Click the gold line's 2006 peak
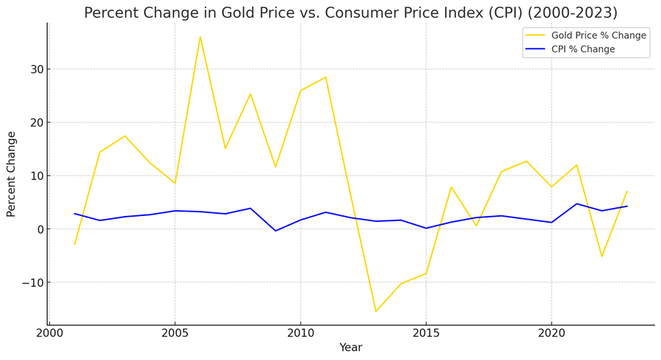(x=200, y=37)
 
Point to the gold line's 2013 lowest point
(x=376, y=311)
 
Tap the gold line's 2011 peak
(x=325, y=77)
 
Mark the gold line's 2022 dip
(x=602, y=256)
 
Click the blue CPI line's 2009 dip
(x=275, y=231)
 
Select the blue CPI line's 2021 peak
(x=577, y=204)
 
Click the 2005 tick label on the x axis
(x=175, y=334)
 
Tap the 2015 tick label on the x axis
(x=426, y=334)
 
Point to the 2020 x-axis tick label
(x=552, y=334)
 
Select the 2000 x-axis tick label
(x=49, y=334)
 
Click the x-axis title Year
(x=350, y=348)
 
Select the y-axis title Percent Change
(x=11, y=174)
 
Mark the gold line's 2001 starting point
(x=75, y=244)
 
